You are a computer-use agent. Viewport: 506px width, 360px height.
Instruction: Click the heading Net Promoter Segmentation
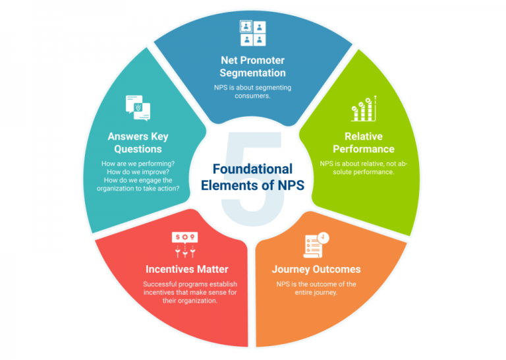click(252, 66)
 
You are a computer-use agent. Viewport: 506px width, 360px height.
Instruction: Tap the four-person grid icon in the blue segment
click(252, 34)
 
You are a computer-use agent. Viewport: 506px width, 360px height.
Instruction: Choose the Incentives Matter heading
click(186, 269)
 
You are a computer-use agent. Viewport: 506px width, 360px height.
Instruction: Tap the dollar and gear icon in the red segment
click(185, 243)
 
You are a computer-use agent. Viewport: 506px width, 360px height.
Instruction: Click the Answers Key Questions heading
click(138, 143)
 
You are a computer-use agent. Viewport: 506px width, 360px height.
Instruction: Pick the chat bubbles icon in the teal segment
click(137, 108)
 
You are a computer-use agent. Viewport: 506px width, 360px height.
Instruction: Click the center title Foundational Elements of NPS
click(252, 177)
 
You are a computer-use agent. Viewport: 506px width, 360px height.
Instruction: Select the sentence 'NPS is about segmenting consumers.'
click(252, 92)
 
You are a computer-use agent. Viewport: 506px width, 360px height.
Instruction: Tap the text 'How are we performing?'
click(138, 164)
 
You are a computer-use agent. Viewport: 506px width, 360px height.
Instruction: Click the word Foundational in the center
click(252, 169)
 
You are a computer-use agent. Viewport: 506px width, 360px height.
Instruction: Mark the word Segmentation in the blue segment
click(252, 73)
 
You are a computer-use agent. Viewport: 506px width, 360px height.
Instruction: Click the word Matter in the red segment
click(212, 269)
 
